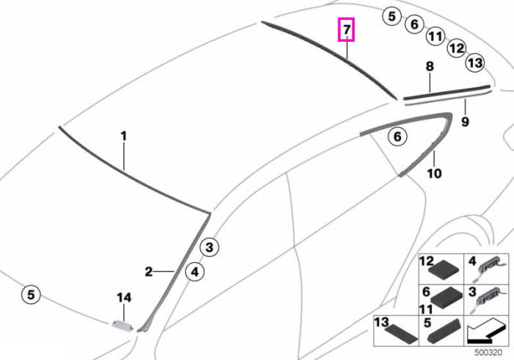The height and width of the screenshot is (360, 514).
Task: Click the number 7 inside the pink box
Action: pos(347,30)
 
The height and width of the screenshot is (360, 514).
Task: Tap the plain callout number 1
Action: pos(123,136)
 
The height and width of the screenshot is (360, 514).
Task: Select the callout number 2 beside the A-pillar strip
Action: pos(148,272)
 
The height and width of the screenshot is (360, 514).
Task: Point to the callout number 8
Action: pos(430,67)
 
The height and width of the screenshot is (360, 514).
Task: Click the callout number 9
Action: pos(465,122)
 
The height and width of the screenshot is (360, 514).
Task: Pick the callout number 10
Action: pos(434,173)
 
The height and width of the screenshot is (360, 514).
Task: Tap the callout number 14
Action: pos(124,298)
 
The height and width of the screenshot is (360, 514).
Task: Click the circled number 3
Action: pos(209,247)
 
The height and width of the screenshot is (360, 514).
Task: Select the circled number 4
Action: pos(195,272)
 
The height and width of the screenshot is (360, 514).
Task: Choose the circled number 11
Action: pos(435,36)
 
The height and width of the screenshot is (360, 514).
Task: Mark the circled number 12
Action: pos(457,48)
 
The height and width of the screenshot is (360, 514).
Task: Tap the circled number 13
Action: pos(475,62)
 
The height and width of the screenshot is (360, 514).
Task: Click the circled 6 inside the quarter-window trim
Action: pos(397,136)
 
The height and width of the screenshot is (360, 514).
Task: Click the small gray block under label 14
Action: pos(123,325)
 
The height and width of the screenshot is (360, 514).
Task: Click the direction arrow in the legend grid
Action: pos(486,331)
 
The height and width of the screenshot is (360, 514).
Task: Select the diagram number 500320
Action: pos(488,353)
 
